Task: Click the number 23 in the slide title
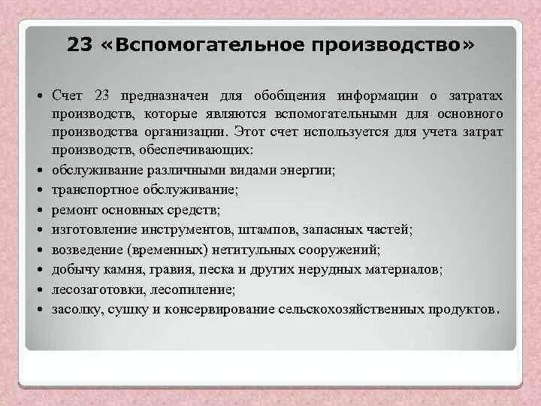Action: tap(80, 46)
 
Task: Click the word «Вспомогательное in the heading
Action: tap(199, 46)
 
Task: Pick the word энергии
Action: tap(312, 170)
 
